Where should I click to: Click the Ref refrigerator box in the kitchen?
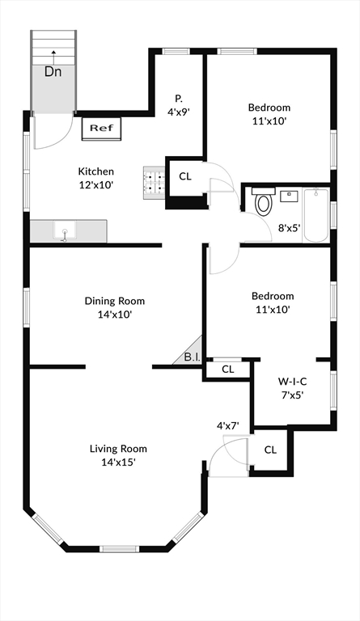pyautogui.click(x=100, y=128)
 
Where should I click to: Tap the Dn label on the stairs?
pyautogui.click(x=53, y=72)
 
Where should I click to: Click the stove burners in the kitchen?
pyautogui.click(x=153, y=183)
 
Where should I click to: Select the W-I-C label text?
pyautogui.click(x=292, y=381)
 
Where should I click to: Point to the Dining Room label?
pyautogui.click(x=115, y=301)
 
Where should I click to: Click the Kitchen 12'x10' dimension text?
pyautogui.click(x=95, y=184)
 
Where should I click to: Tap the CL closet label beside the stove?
pyautogui.click(x=185, y=176)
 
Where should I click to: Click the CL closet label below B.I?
pyautogui.click(x=228, y=370)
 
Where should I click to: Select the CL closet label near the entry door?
pyautogui.click(x=270, y=450)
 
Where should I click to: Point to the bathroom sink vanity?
pyautogui.click(x=290, y=196)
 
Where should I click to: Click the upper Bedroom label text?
pyautogui.click(x=269, y=108)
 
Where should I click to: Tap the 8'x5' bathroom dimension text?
pyautogui.click(x=289, y=228)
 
